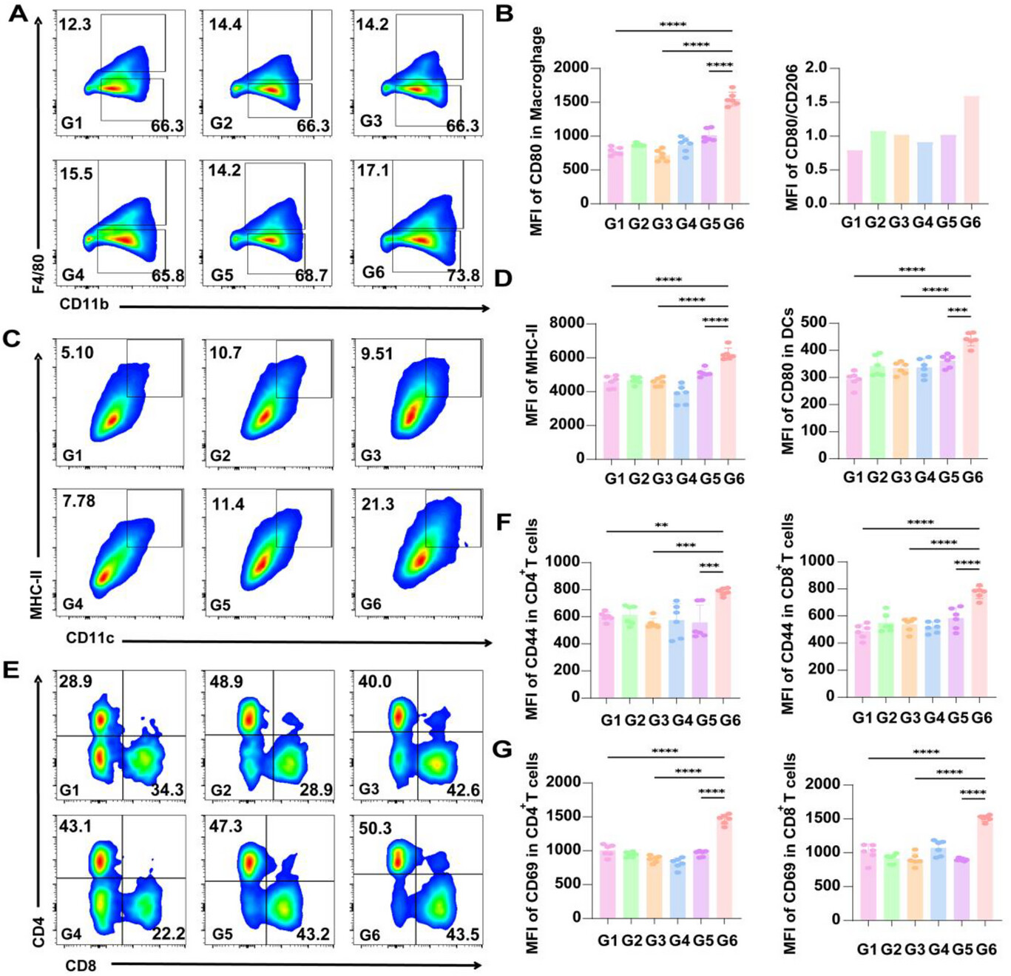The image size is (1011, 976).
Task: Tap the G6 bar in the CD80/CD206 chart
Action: [x=970, y=149]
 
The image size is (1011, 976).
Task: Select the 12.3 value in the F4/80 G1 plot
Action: [x=75, y=24]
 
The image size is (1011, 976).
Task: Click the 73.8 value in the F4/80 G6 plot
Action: [x=463, y=275]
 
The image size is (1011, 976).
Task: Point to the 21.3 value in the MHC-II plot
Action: [x=377, y=504]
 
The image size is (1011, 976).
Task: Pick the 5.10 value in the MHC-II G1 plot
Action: [x=77, y=352]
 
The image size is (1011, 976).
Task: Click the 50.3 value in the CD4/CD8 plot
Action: [x=375, y=827]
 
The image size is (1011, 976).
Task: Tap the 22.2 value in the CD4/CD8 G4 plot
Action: [x=168, y=934]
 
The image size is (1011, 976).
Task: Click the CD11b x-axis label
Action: [x=84, y=303]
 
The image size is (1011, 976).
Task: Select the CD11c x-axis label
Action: [x=90, y=638]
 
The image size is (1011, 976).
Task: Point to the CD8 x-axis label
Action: [x=81, y=965]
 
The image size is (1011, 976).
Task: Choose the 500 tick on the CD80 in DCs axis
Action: [x=813, y=323]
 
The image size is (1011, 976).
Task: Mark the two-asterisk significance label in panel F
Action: [x=662, y=525]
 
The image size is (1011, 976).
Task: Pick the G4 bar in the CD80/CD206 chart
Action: [x=923, y=172]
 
